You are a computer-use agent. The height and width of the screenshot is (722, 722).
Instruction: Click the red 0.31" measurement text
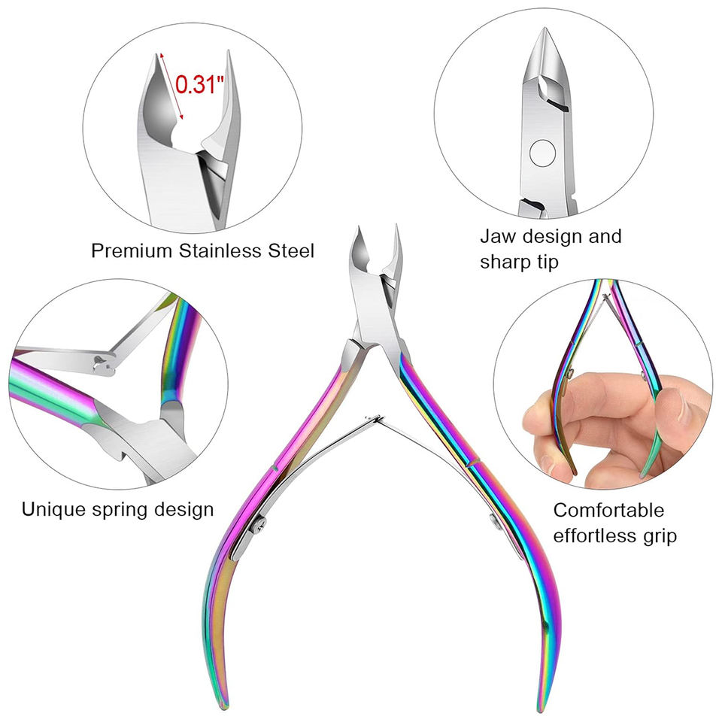(x=200, y=84)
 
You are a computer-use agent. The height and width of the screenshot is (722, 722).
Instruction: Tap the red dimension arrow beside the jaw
(x=171, y=86)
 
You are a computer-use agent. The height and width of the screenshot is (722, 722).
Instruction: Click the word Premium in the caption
(x=132, y=250)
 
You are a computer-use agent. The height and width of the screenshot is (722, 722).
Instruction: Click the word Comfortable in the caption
(x=609, y=510)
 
